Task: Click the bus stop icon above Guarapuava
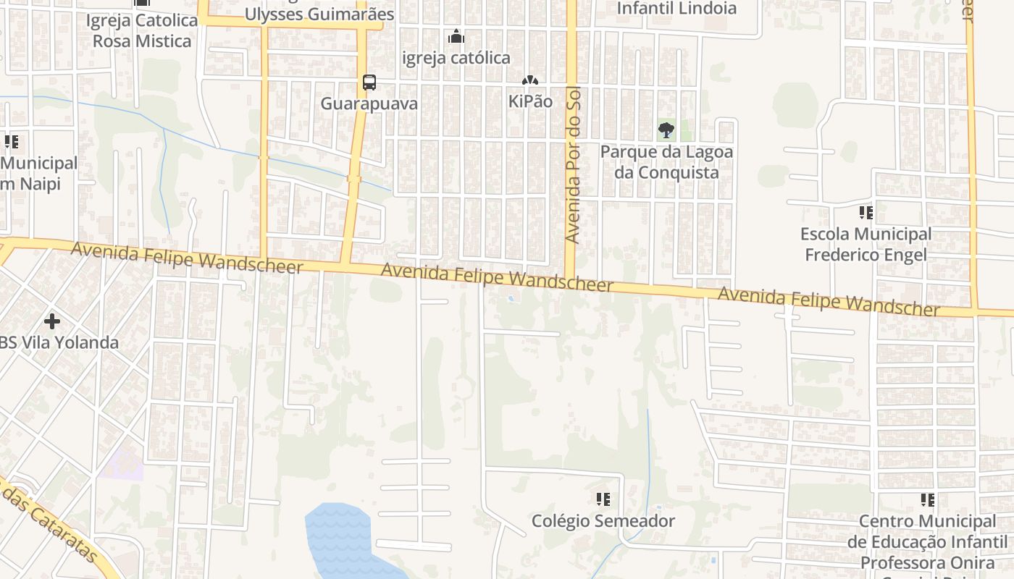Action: pyautogui.click(x=369, y=83)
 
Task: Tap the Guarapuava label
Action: pyautogui.click(x=369, y=103)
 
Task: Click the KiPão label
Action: pyautogui.click(x=530, y=101)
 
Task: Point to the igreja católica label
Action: pyautogui.click(x=456, y=58)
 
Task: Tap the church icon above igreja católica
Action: pyautogui.click(x=456, y=35)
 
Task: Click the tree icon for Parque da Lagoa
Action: pyautogui.click(x=666, y=130)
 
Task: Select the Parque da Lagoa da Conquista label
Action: pyautogui.click(x=666, y=162)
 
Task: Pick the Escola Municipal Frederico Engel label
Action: pyautogui.click(x=866, y=245)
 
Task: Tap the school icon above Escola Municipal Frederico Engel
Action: pyautogui.click(x=866, y=213)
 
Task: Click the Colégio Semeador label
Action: pyautogui.click(x=603, y=521)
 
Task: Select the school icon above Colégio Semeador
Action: pyautogui.click(x=603, y=499)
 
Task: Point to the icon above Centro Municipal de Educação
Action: pyautogui.click(x=928, y=499)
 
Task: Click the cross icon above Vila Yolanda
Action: pyautogui.click(x=52, y=320)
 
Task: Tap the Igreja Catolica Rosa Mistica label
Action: pyautogui.click(x=142, y=30)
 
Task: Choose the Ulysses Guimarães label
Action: pyautogui.click(x=319, y=14)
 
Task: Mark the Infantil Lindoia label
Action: pyautogui.click(x=676, y=9)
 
